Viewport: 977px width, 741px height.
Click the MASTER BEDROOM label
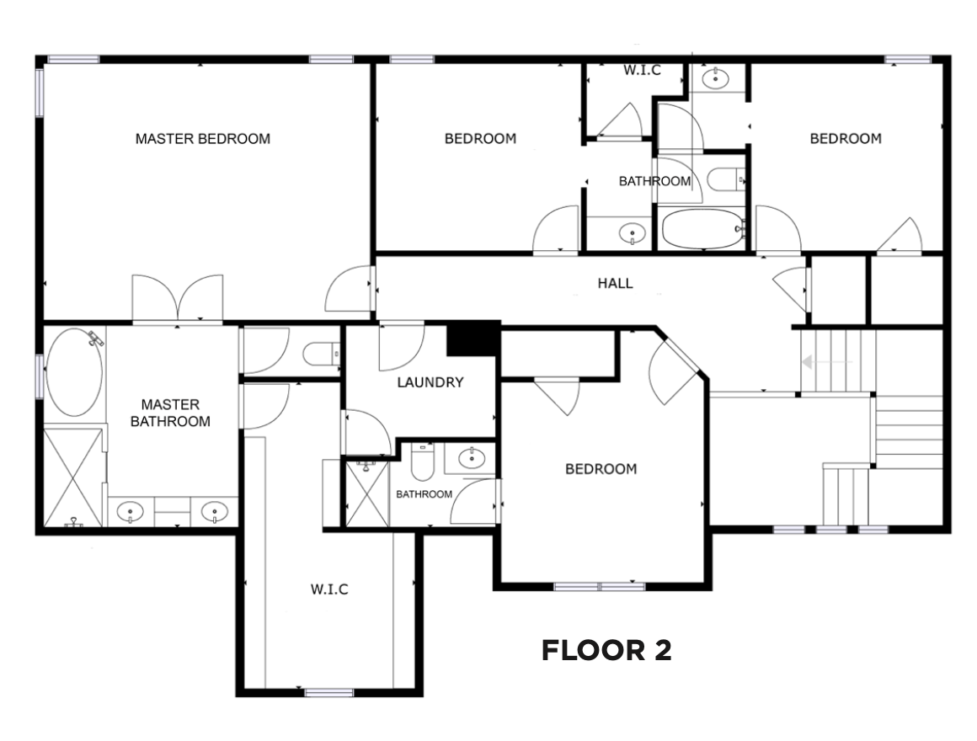(203, 139)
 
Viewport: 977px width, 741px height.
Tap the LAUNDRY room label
(430, 382)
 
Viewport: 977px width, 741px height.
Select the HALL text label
(616, 283)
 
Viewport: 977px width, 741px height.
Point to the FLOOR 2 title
(606, 651)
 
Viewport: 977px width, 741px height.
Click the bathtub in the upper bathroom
(702, 228)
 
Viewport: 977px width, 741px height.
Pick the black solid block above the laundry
(474, 339)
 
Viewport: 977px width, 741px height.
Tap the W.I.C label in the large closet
(329, 589)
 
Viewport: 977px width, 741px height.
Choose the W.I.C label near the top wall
(643, 71)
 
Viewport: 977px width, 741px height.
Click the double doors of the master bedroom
(178, 299)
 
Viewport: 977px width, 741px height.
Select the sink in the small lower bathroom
(472, 459)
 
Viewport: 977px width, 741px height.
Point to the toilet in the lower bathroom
(423, 461)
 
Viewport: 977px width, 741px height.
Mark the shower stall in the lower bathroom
(366, 492)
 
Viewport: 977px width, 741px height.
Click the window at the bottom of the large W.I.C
(329, 692)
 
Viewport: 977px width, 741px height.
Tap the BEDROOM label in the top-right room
(846, 139)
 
